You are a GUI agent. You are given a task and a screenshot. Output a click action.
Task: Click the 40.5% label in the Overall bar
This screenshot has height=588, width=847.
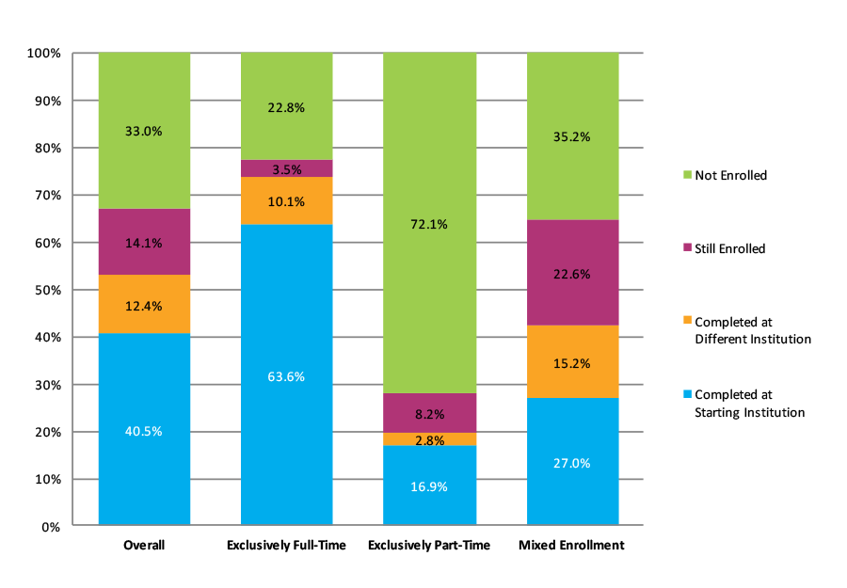click(144, 432)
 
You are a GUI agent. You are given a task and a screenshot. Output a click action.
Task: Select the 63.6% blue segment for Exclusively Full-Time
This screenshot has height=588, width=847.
click(286, 376)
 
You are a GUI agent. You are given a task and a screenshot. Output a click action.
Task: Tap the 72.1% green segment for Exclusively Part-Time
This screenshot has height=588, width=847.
click(429, 224)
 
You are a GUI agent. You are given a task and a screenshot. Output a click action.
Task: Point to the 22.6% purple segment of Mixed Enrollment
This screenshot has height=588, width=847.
click(572, 274)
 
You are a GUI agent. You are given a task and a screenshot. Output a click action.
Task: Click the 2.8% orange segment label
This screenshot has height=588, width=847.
click(429, 439)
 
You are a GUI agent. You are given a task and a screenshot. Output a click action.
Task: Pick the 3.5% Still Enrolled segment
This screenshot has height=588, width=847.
click(286, 169)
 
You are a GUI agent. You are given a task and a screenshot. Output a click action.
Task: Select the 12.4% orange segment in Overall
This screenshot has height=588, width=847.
click(144, 305)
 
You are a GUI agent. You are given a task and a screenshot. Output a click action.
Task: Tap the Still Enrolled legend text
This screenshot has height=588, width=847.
click(729, 249)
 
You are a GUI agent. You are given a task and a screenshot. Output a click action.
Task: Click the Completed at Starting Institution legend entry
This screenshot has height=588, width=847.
click(749, 404)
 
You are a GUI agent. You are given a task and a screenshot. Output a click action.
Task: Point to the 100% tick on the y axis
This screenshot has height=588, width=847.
click(43, 54)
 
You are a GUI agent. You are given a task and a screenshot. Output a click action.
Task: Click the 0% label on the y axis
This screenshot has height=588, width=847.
click(50, 527)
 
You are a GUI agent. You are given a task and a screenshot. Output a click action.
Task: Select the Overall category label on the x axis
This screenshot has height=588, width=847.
click(144, 546)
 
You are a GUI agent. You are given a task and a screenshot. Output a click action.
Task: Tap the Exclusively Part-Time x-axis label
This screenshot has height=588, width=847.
click(429, 546)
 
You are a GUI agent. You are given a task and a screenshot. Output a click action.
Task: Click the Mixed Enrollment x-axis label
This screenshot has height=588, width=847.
click(572, 546)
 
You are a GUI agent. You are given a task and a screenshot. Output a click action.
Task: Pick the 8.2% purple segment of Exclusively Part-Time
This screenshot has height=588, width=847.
click(429, 413)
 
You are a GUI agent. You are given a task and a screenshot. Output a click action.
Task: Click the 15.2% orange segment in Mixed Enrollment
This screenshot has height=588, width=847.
click(572, 363)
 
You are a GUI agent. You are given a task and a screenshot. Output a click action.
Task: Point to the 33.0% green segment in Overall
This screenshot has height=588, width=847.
click(144, 132)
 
